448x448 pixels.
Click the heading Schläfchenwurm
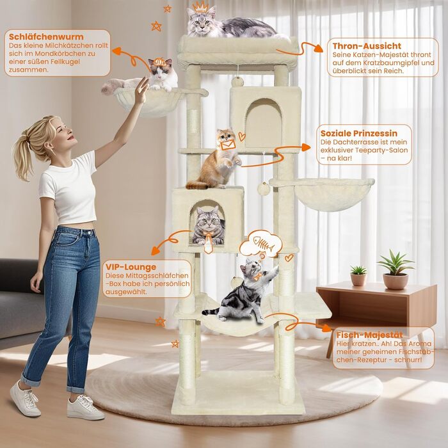pyautogui.click(x=46, y=36)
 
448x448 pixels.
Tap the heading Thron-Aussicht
pyautogui.click(x=367, y=46)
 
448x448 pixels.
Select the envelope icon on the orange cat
pyautogui.click(x=227, y=145)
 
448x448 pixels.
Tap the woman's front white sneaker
pyautogui.click(x=86, y=406)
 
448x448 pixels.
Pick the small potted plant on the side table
pyautogui.click(x=358, y=274)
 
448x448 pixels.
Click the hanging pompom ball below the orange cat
pyautogui.click(x=262, y=189)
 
